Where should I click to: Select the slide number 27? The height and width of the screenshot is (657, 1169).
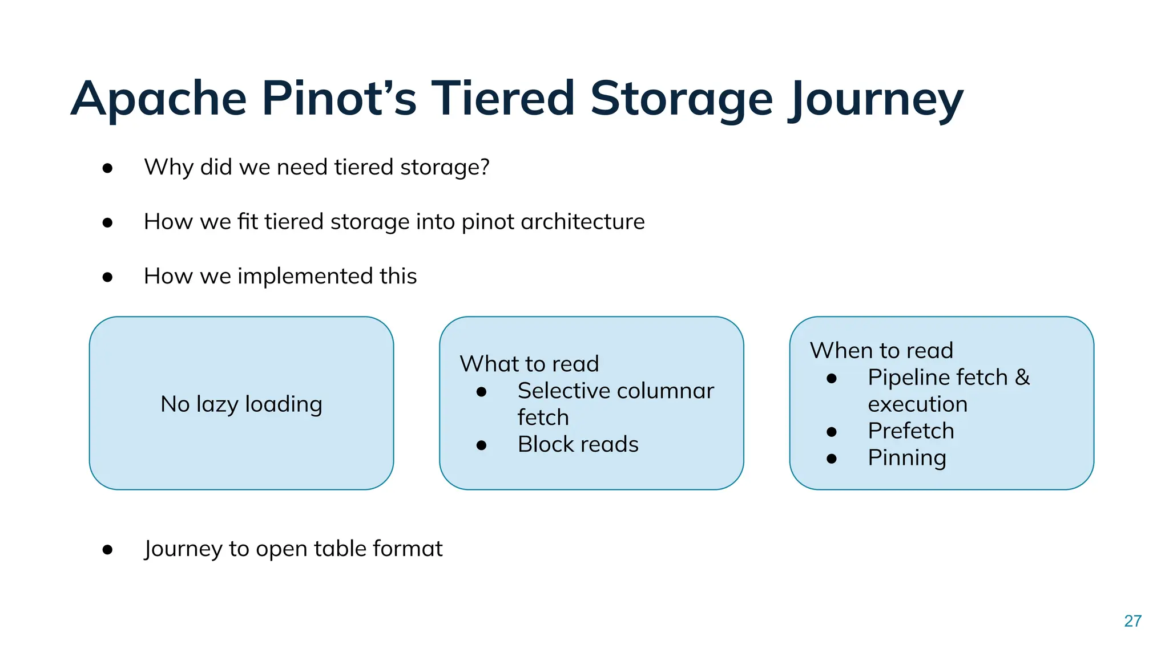[1132, 621]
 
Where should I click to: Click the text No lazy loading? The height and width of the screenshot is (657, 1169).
[241, 404]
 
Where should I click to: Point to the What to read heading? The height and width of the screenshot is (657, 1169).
[529, 364]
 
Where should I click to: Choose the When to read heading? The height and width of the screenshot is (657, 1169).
[881, 350]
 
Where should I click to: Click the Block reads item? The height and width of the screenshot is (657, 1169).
[578, 444]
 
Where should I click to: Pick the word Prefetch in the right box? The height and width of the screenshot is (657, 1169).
[910, 431]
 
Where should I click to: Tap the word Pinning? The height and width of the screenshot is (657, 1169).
[906, 458]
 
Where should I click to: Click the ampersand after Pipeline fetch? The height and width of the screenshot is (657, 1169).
[1022, 378]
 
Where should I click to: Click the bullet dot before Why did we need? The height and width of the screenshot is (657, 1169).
[107, 168]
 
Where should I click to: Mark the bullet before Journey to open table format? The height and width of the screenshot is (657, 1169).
[107, 550]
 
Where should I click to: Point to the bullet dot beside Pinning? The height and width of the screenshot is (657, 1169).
[832, 459]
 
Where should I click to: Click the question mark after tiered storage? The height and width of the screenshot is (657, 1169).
[484, 167]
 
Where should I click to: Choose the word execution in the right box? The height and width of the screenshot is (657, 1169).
[917, 404]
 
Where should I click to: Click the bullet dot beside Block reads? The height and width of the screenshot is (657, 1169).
[481, 445]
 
